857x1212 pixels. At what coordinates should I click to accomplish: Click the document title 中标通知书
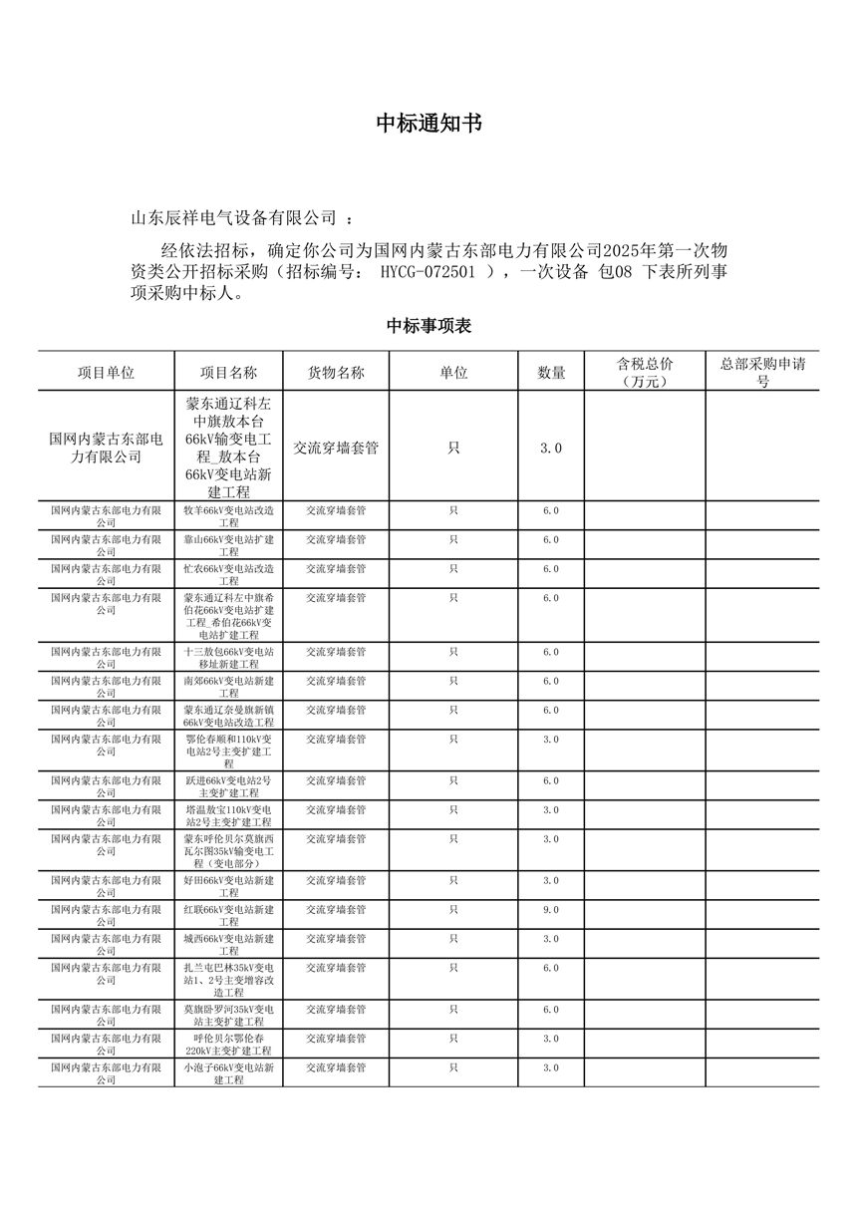(428, 124)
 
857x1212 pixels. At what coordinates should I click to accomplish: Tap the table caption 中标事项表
(428, 326)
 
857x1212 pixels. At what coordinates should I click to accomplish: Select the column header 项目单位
(107, 372)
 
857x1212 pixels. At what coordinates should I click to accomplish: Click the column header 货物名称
(336, 372)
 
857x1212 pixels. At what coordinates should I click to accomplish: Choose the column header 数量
(551, 372)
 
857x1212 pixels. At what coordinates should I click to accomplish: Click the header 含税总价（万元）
(645, 372)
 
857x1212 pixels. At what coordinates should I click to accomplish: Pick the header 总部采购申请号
(762, 372)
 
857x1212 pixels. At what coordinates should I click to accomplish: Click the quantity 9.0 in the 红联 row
(551, 910)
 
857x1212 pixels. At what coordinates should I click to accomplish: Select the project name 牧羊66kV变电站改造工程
(228, 515)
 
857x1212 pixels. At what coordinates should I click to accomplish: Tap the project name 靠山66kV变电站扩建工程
(228, 544)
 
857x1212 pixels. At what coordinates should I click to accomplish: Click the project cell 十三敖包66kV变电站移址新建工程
(228, 657)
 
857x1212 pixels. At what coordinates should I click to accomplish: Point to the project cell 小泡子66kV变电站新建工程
(228, 1072)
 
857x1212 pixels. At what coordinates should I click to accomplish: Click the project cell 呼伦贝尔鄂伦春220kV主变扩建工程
(228, 1044)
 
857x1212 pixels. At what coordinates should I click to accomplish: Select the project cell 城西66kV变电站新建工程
(228, 944)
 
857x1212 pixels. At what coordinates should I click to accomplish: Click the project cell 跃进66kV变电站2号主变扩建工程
(228, 785)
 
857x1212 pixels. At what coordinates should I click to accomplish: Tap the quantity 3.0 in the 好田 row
(551, 881)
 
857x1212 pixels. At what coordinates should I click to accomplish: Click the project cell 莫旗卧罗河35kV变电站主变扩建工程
(228, 1015)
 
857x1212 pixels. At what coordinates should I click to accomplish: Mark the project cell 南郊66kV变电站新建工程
(228, 686)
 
